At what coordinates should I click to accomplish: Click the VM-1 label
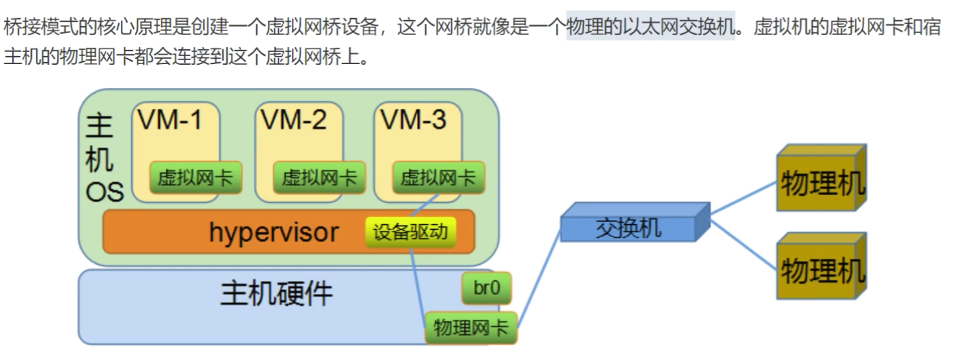coord(170,120)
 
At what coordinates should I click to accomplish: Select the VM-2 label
coord(294,120)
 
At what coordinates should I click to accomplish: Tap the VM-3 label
coord(413,120)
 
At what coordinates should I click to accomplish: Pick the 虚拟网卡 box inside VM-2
coord(319,178)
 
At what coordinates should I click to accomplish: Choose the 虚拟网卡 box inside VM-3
coord(438,178)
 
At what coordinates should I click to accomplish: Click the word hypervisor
coord(274,232)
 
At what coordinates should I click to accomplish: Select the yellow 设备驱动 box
coord(410,232)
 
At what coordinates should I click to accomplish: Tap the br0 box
coord(486,288)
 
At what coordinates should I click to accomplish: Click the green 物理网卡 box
coord(471,328)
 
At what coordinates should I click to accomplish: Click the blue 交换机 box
coord(628,228)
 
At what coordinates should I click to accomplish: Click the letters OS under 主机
coord(105,192)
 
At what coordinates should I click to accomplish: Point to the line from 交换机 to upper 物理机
coord(743,196)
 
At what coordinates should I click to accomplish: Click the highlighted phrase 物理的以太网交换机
coord(651,29)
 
